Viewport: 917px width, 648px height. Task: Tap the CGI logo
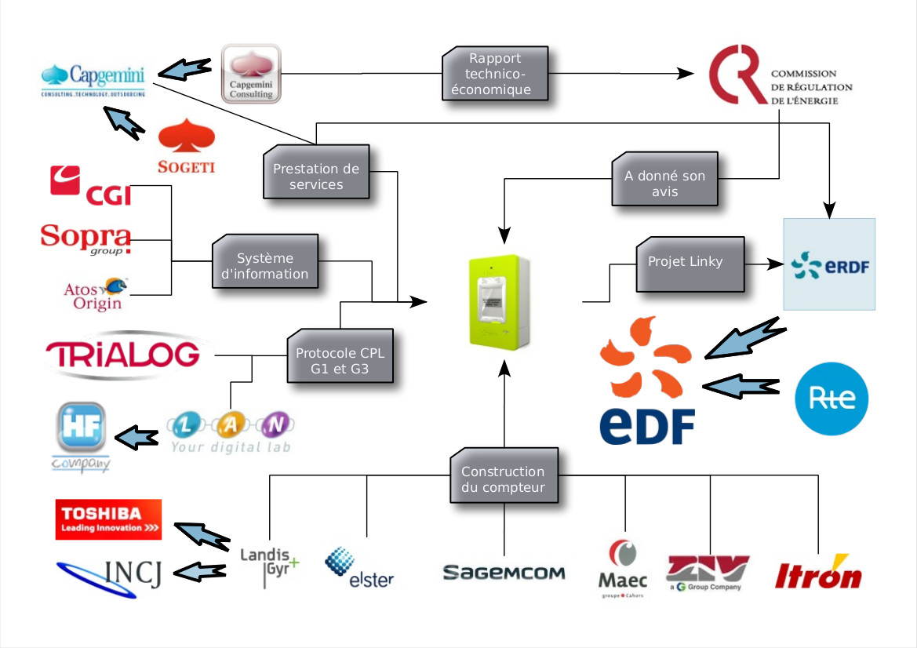90,185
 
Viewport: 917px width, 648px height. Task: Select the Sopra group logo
86,238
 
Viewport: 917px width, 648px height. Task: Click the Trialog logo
122,355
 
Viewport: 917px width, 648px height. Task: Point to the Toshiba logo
108,519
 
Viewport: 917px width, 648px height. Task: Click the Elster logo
359,569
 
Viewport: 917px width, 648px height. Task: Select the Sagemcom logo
504,573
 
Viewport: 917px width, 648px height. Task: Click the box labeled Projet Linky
685,261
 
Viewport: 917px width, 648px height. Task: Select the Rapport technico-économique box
495,74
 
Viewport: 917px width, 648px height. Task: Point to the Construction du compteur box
503,479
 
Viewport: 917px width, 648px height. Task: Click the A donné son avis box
664,183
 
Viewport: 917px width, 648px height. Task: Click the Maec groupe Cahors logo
623,569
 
